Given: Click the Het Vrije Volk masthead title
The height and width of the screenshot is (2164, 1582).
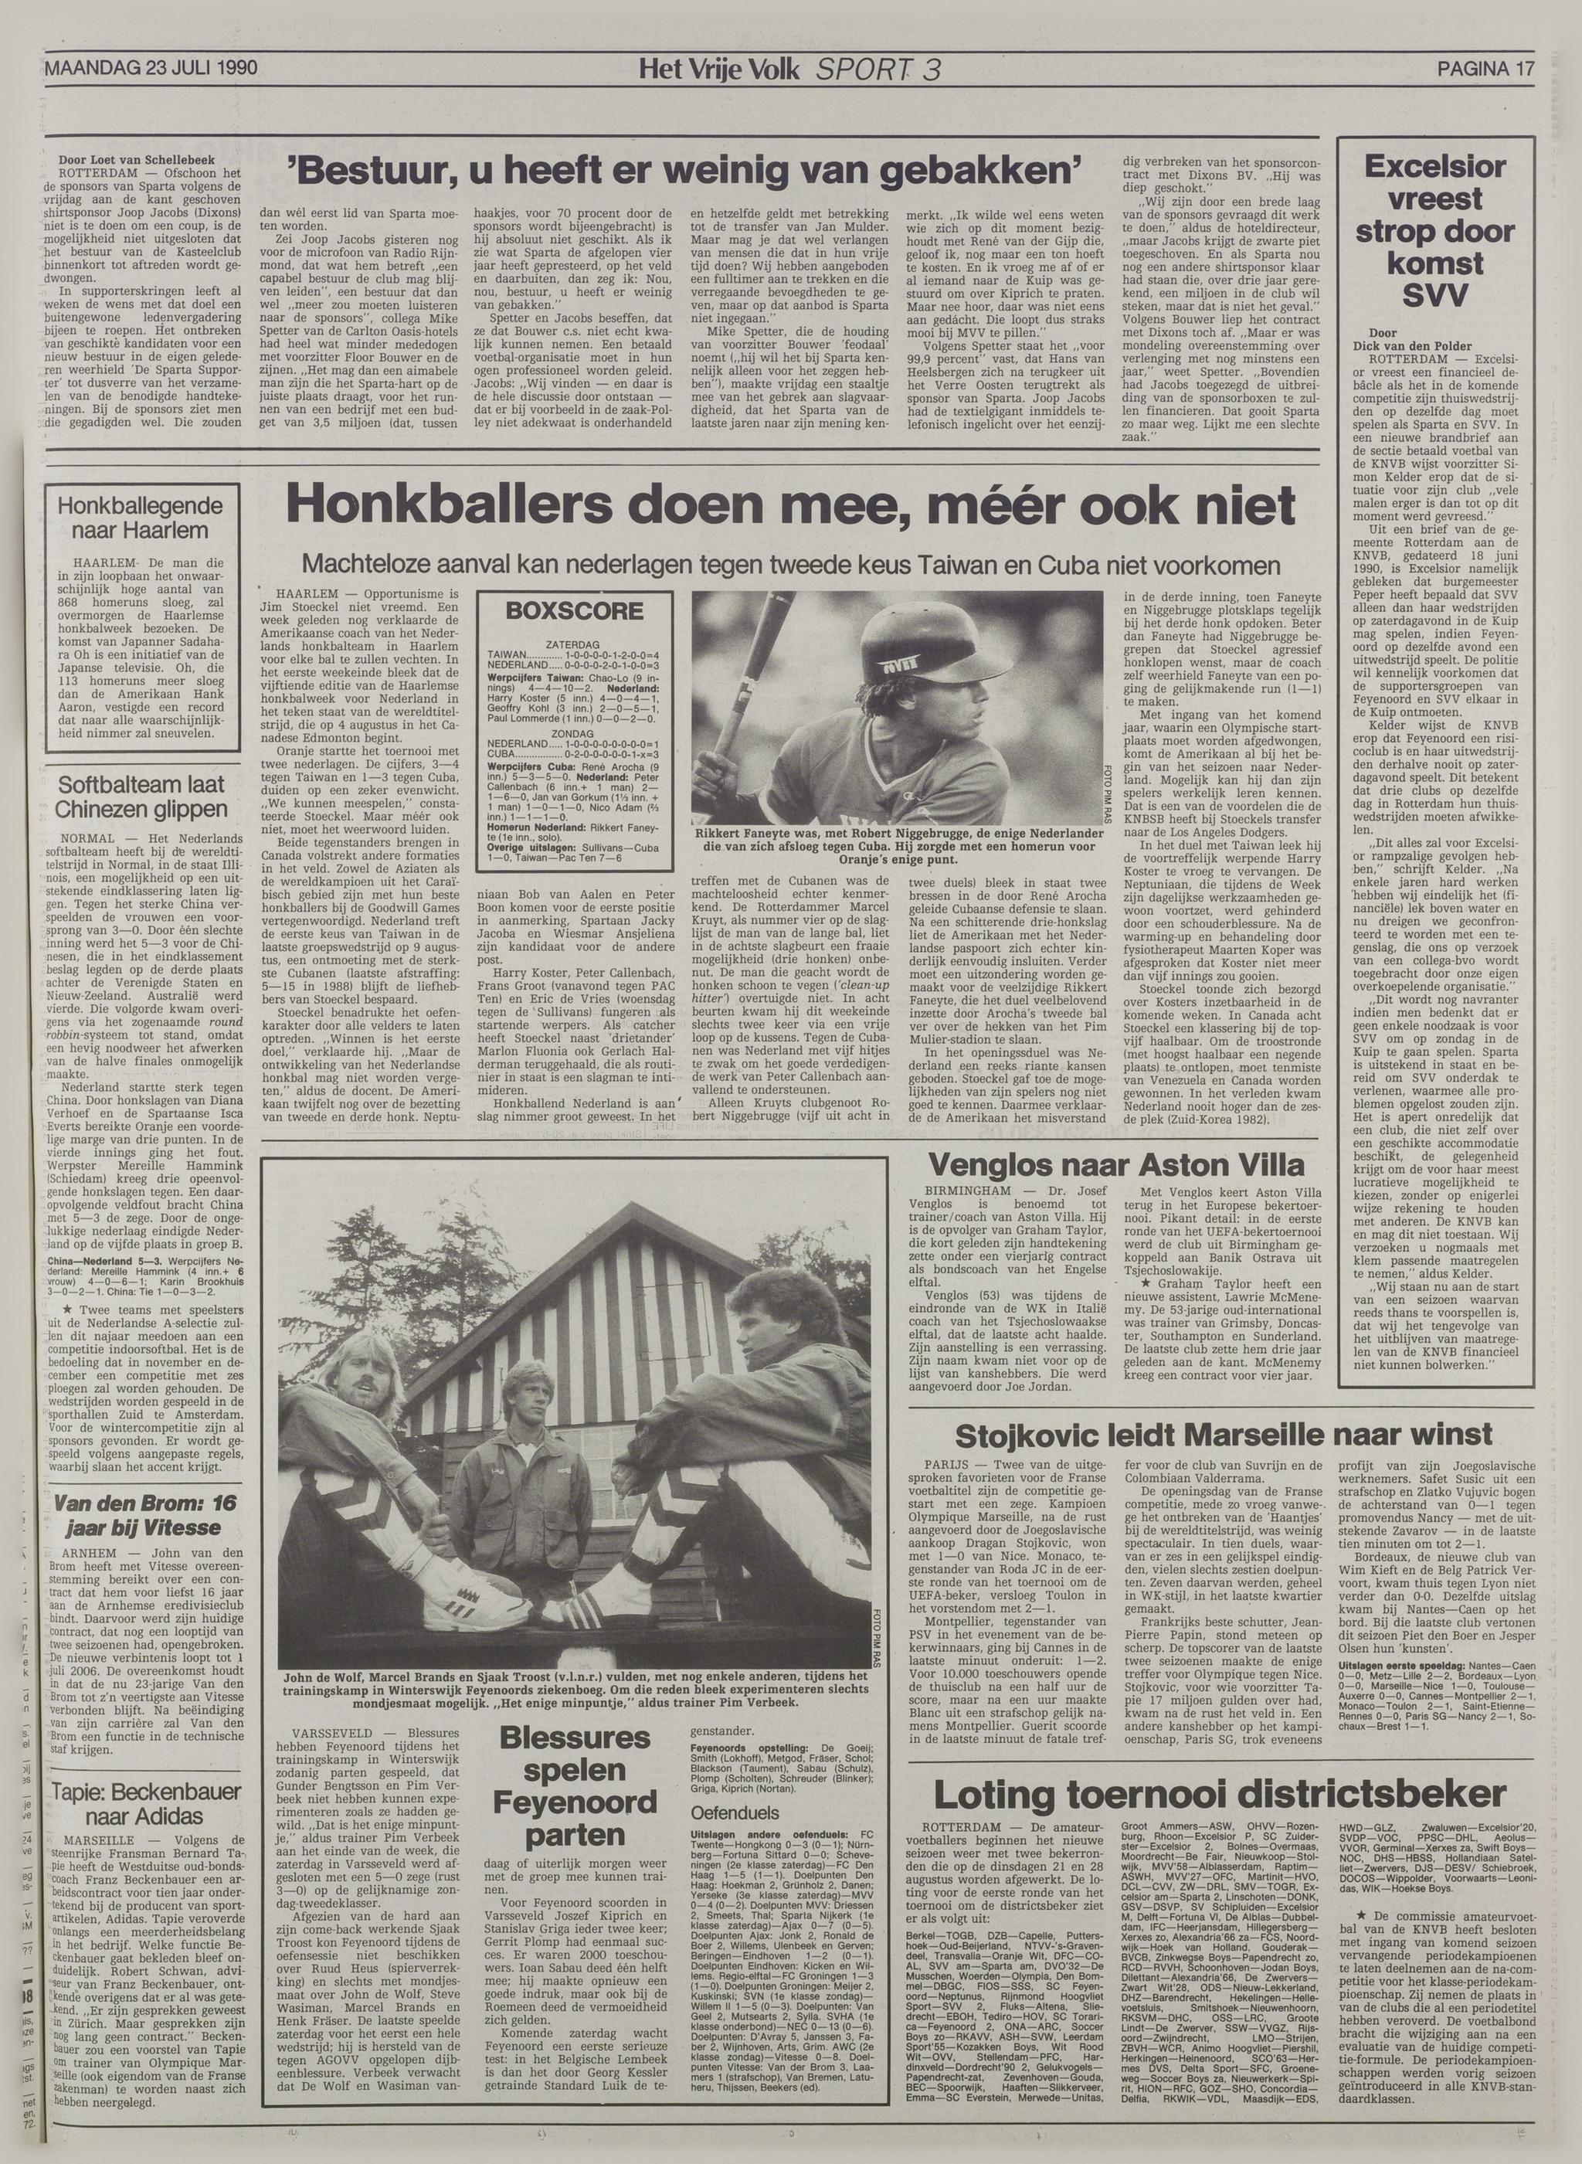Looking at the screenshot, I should [x=719, y=69].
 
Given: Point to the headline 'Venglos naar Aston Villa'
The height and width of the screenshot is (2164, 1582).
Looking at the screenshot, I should [x=1115, y=1164].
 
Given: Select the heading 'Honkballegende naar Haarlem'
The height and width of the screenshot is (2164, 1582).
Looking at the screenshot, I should [x=140, y=518].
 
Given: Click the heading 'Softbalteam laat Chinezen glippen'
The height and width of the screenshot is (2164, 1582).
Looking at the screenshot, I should [x=140, y=797].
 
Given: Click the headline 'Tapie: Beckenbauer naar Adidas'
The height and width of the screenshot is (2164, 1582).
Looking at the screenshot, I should [x=139, y=1803].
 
